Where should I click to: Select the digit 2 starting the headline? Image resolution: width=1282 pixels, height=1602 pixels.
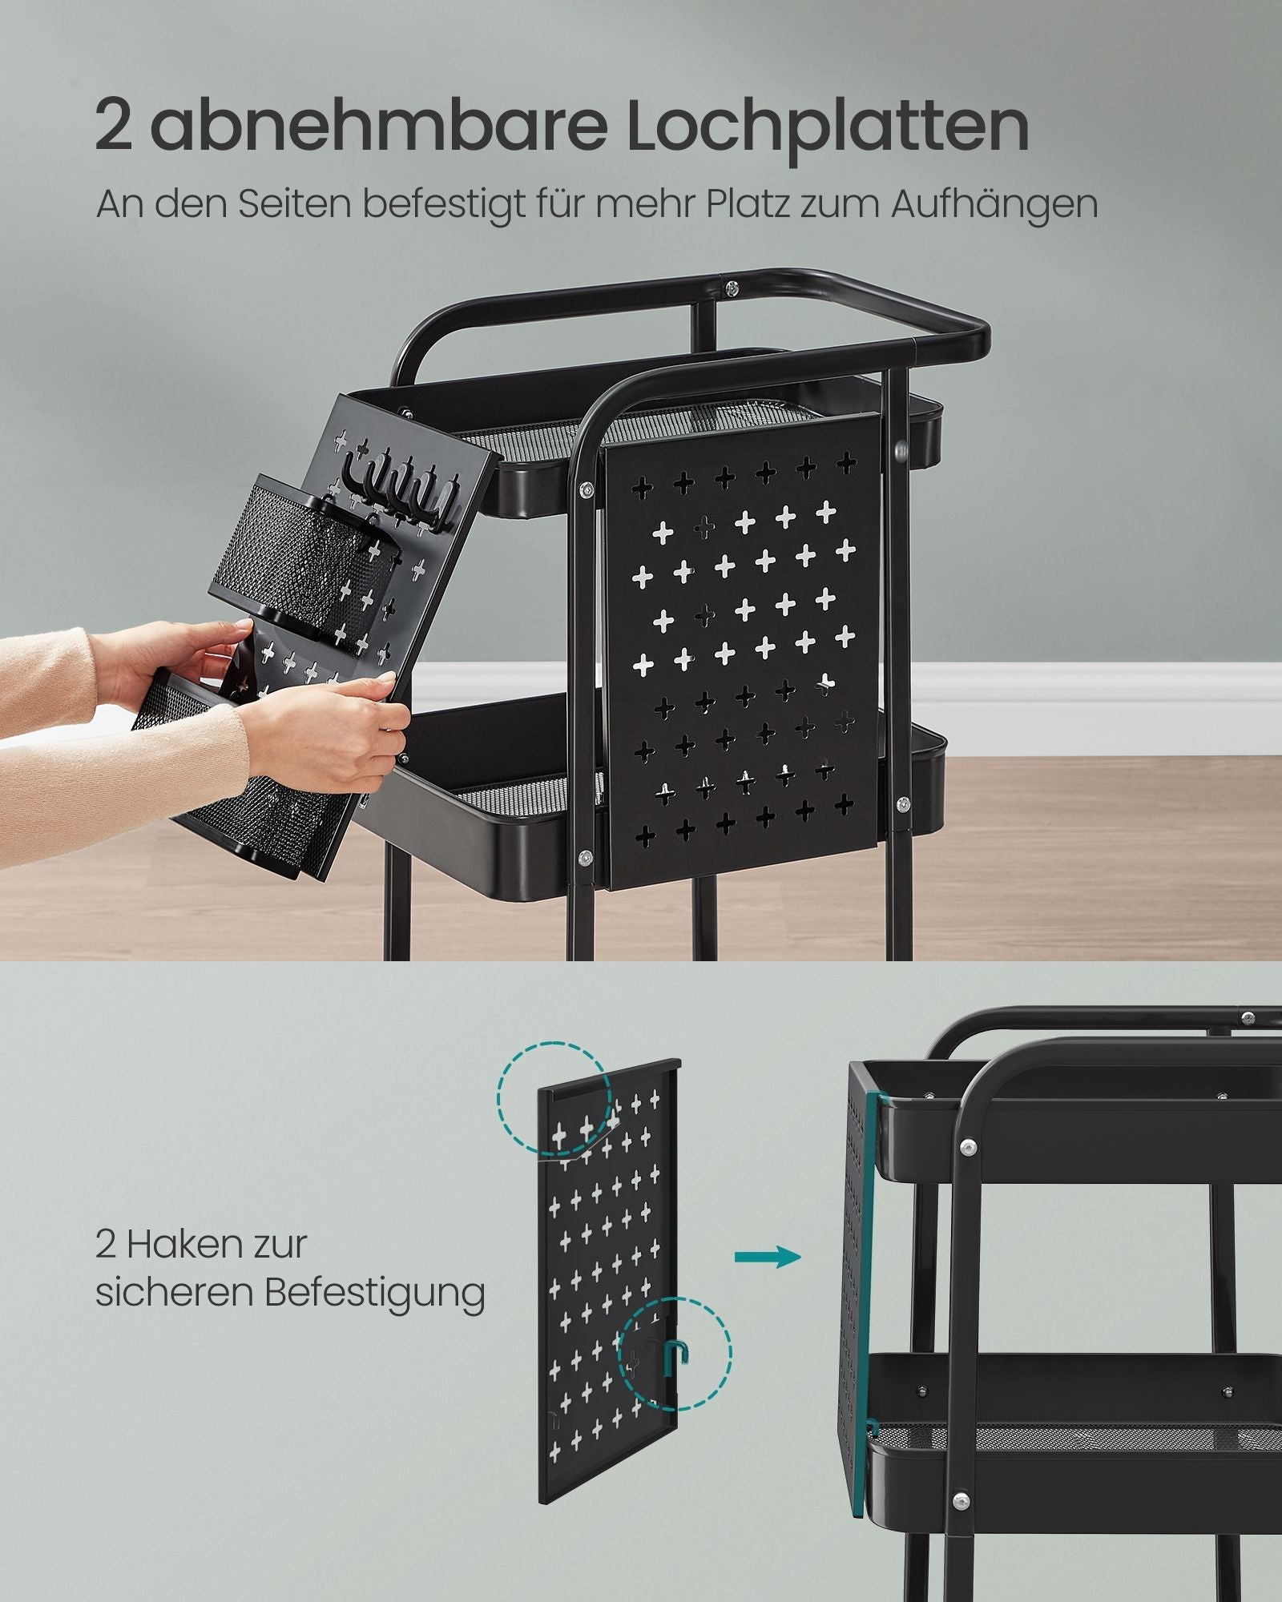(113, 126)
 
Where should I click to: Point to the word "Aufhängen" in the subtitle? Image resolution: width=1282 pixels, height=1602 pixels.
(994, 206)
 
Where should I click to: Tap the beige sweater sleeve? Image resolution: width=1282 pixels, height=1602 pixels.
(120, 705)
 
